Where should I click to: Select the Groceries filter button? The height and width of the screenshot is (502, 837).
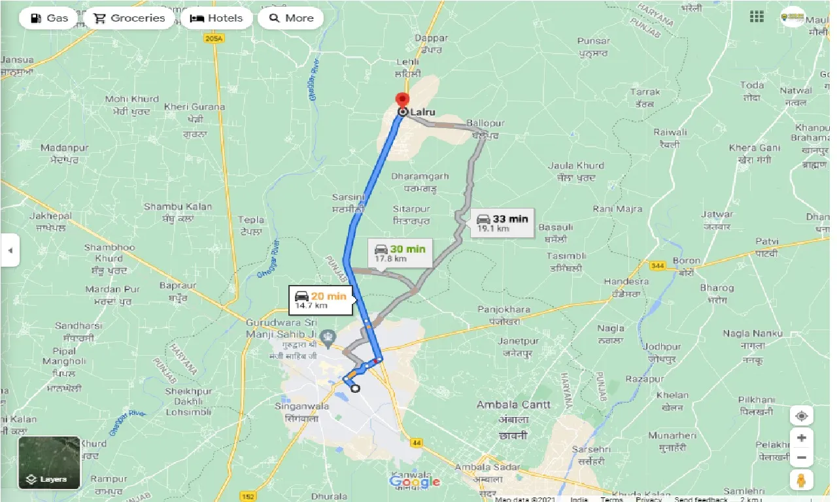tap(129, 18)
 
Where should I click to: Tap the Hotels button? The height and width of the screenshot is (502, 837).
tap(216, 18)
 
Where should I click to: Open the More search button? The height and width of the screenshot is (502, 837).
tap(291, 18)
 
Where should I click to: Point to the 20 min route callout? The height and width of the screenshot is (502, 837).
tap(320, 300)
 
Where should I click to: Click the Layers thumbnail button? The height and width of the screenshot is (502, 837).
tap(49, 463)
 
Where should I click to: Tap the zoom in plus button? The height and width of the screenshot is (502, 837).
tap(801, 437)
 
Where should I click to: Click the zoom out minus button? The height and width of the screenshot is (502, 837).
tap(801, 458)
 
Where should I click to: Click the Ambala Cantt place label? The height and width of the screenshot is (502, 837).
tap(513, 405)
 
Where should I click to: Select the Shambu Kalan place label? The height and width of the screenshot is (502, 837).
tap(178, 207)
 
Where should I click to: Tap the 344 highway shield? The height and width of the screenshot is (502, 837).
tap(657, 265)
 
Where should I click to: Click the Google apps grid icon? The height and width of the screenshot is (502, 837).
tap(757, 16)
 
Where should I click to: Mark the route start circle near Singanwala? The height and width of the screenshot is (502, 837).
tap(355, 388)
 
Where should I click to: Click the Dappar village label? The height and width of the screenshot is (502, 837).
tap(431, 39)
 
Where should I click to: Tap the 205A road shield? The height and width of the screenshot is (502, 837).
tap(213, 39)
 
